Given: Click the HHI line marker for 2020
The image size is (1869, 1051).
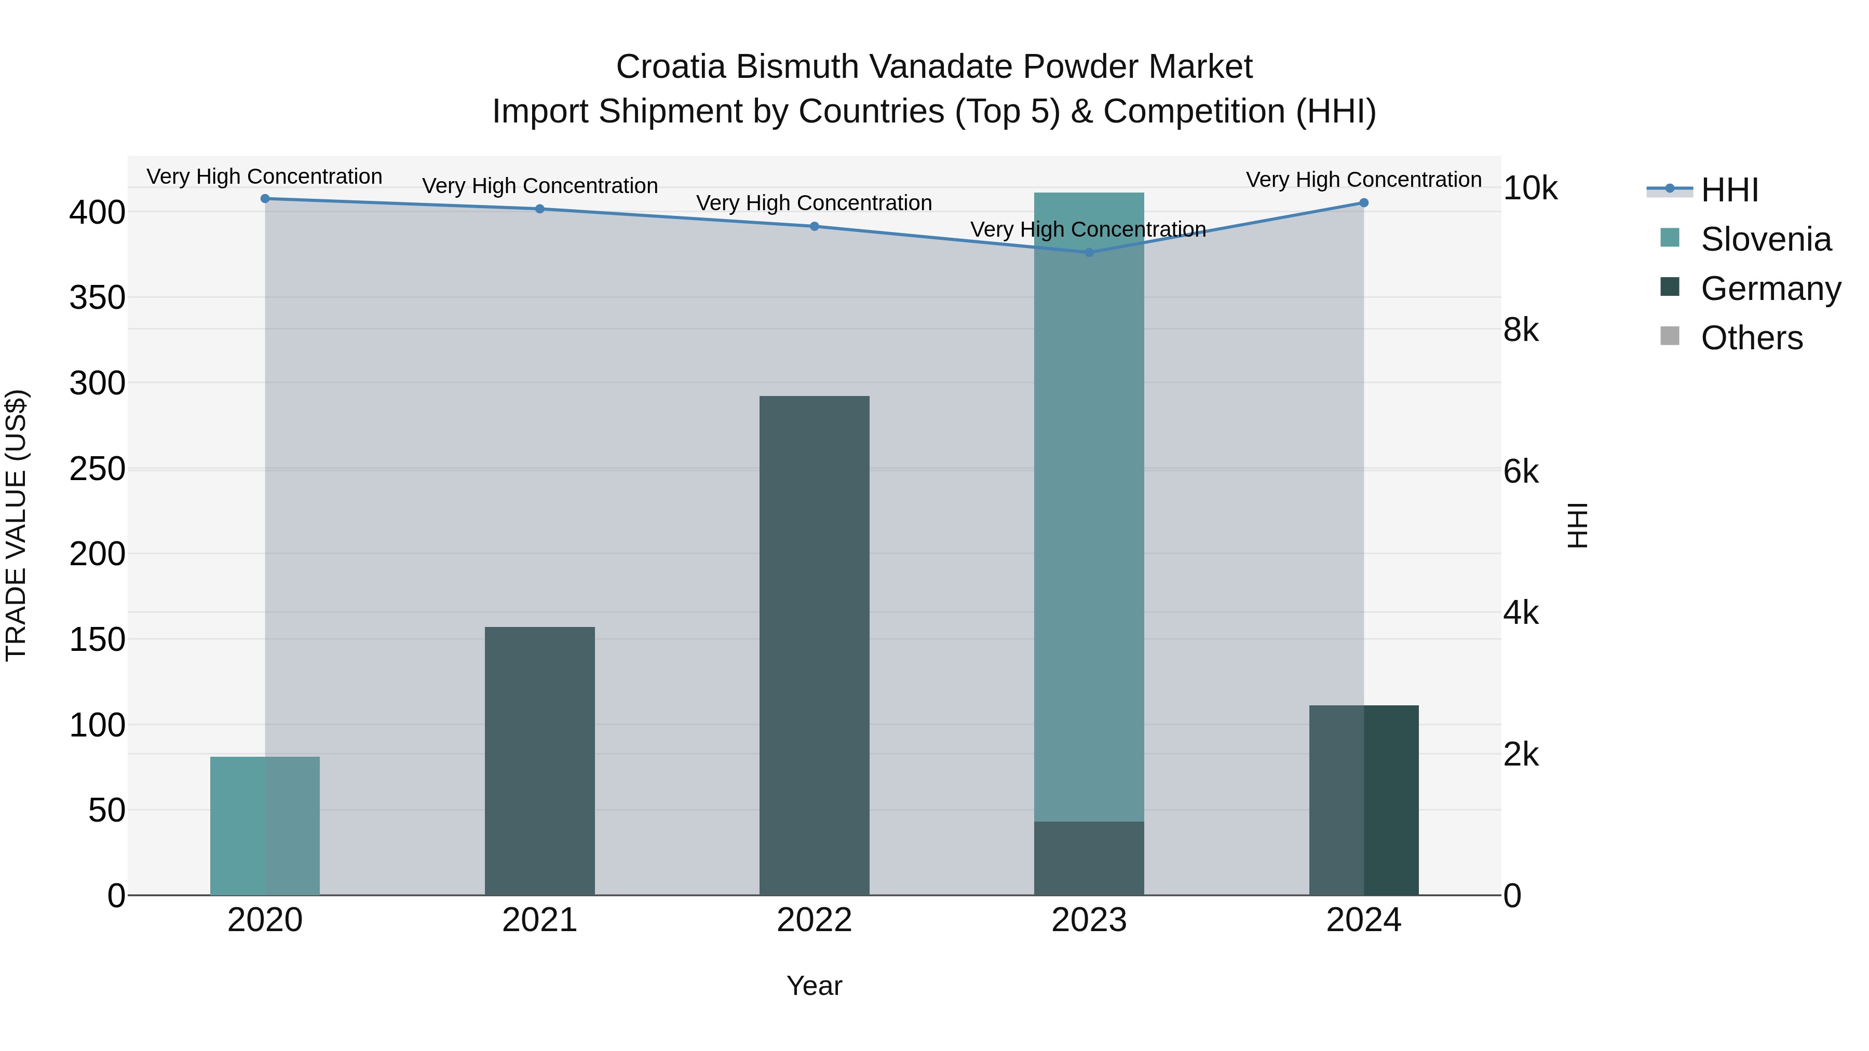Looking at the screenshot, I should [265, 199].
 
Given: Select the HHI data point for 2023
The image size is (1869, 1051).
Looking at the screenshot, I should [1088, 252].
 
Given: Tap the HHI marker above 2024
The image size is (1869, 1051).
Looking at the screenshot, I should [1363, 203].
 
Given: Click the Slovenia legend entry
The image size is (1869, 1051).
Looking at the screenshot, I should [1765, 239].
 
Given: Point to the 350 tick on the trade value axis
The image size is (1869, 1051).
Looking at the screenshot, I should [97, 297].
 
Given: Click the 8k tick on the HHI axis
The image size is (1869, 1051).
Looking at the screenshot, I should [1521, 330].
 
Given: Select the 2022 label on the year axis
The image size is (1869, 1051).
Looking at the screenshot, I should [814, 920].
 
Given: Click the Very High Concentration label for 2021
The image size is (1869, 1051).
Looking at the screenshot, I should [540, 186].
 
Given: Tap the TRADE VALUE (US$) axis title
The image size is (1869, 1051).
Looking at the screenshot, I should [17, 525].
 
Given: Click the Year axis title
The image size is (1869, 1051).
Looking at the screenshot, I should [814, 986].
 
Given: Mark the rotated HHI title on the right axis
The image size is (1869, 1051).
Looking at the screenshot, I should [1577, 525].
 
